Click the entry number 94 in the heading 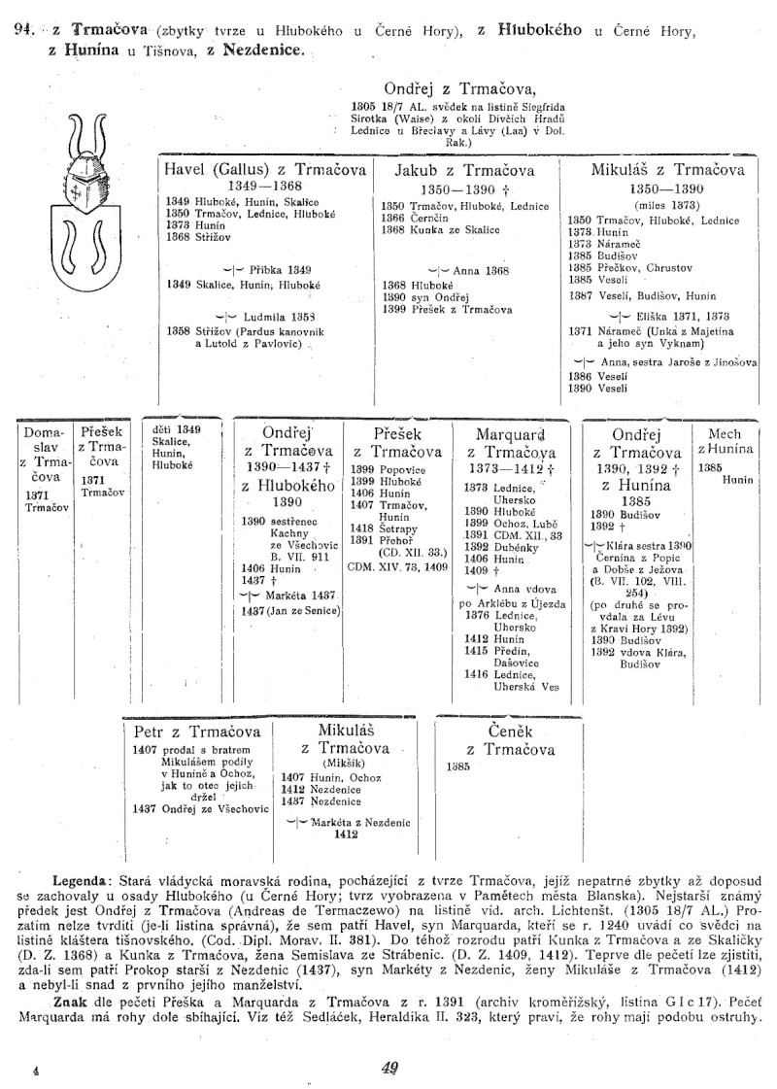pos(26,31)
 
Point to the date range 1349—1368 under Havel pos(264,185)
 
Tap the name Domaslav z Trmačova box pos(43,454)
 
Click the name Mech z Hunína pos(726,441)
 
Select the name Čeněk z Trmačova pos(510,739)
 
